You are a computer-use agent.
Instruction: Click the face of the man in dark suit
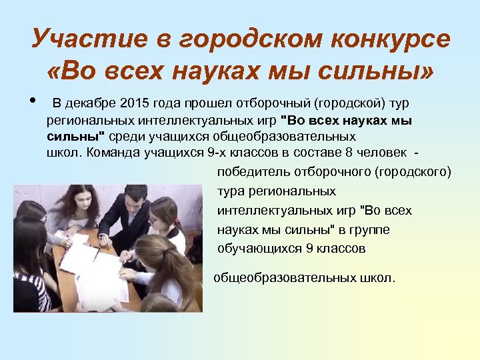(x=136, y=199)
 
